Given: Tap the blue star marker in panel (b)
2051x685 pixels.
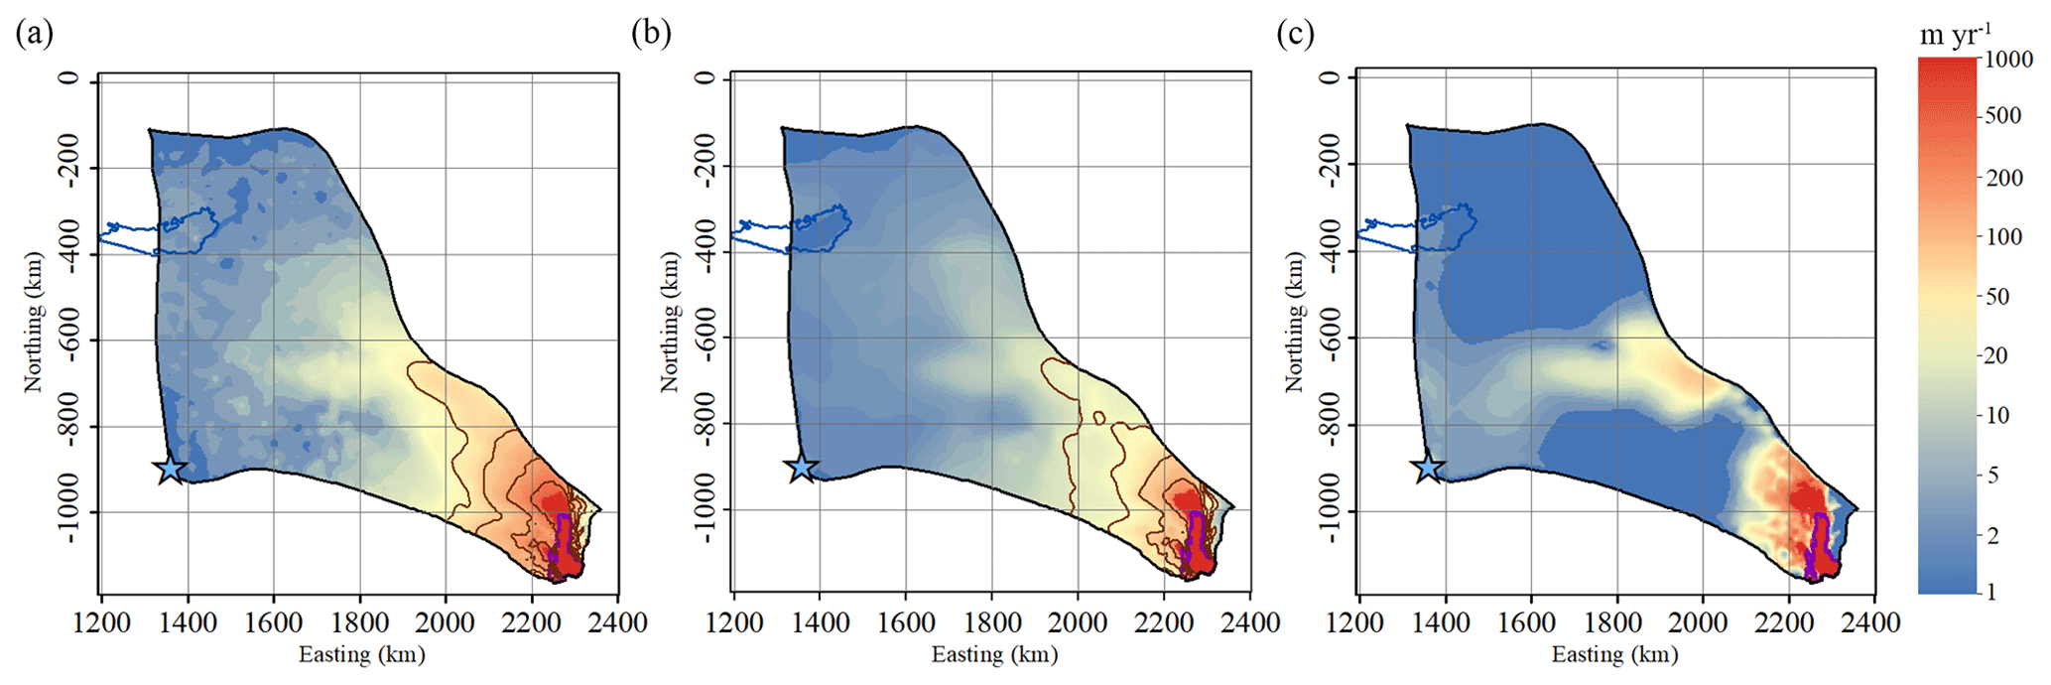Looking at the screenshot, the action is pyautogui.click(x=802, y=467).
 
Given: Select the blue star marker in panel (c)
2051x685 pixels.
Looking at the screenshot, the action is pyautogui.click(x=1428, y=467).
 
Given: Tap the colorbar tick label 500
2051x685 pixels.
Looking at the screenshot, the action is pyautogui.click(x=2001, y=115).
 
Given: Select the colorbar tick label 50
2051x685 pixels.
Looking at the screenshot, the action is pyautogui.click(x=1996, y=296).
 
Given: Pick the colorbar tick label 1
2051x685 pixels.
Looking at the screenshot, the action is pyautogui.click(x=1990, y=592).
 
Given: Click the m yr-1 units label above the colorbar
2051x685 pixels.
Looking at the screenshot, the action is pyautogui.click(x=1955, y=34).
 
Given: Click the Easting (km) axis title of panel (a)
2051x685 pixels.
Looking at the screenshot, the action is pyautogui.click(x=361, y=655).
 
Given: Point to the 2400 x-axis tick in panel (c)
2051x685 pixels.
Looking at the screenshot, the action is pyautogui.click(x=1873, y=623).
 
